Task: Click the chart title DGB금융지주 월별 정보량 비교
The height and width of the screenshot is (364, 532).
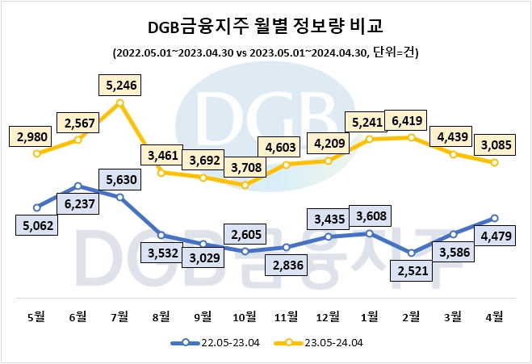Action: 266,27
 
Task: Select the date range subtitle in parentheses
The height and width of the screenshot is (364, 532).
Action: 266,52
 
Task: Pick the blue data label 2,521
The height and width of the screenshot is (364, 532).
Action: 411,272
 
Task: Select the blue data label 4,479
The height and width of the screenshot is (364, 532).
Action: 492,236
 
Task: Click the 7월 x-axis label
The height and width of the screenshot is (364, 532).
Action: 120,316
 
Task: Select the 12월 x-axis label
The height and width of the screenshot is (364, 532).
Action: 328,316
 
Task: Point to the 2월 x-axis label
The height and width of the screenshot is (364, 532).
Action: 411,316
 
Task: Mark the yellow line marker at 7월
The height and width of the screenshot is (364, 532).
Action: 120,103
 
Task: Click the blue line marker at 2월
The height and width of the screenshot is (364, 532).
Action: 411,253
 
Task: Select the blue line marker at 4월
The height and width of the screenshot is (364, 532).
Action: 494,218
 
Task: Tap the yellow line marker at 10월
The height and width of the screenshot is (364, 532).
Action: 245,185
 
